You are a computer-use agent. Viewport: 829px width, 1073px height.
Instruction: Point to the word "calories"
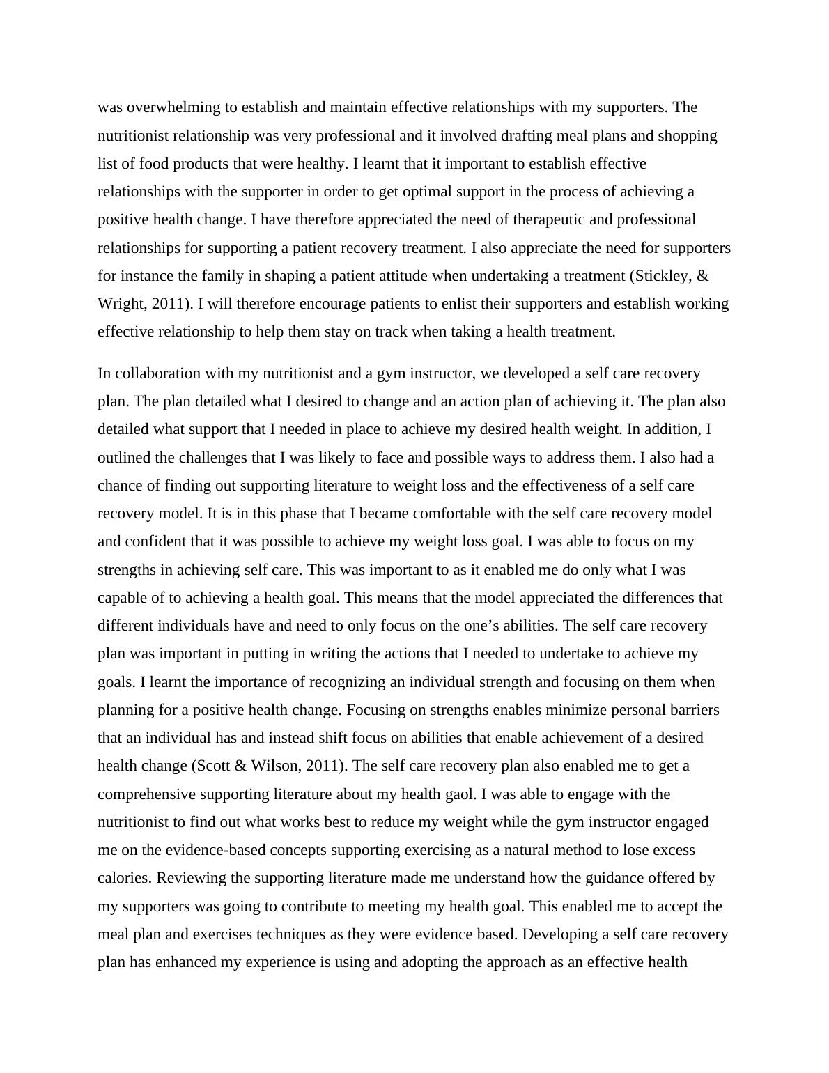coord(123,878)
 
